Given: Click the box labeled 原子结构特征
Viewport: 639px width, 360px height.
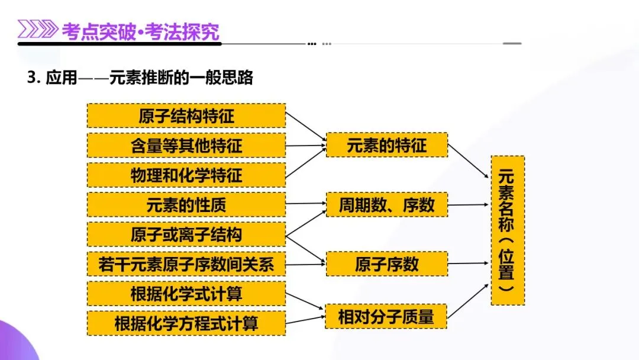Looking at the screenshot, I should pos(186,115).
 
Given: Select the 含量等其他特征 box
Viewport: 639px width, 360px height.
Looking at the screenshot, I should pos(186,145).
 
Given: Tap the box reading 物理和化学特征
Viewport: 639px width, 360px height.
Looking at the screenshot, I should pos(186,175).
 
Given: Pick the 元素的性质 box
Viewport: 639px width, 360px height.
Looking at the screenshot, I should pos(186,204).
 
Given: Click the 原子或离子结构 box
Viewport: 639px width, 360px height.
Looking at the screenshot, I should pos(186,234).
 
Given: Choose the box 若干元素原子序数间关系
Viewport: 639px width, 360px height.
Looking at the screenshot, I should pos(186,264).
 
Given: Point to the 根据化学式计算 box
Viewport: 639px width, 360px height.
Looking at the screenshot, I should pos(186,294).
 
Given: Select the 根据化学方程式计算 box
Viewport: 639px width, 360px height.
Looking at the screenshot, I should pos(186,323).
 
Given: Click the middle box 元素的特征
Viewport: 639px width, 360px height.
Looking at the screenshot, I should pos(387,145).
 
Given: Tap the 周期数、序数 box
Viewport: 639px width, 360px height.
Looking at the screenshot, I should pos(387,204).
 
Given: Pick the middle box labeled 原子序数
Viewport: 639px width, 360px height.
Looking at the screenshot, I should pos(387,264).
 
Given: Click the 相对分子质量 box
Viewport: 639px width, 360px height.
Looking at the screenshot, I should pos(386,316).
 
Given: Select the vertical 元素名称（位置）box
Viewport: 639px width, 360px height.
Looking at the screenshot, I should pos(508,230).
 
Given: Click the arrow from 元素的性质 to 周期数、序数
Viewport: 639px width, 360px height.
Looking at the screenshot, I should pos(306,204).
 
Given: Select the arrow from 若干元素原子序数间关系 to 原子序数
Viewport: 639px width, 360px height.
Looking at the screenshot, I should pos(306,264).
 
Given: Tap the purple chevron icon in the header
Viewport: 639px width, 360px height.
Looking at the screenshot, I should pos(37,30).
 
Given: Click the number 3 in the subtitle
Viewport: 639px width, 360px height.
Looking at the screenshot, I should pos(31,78).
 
